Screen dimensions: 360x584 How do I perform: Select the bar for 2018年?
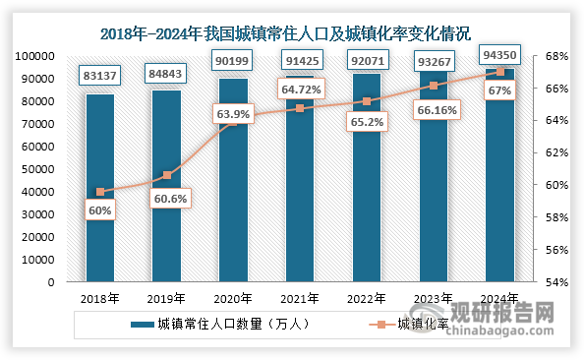[x=99, y=187]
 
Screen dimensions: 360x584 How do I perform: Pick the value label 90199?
[x=233, y=60]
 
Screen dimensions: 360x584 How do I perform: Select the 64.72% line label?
[x=301, y=89]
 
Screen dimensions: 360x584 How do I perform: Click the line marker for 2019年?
[x=166, y=175]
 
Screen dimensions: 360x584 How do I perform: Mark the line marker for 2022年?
[x=366, y=101]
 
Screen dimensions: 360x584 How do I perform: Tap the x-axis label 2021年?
[x=300, y=297]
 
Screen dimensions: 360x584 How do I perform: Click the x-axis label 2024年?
[x=499, y=297]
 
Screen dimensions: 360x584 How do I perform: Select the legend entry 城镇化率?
[x=416, y=324]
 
